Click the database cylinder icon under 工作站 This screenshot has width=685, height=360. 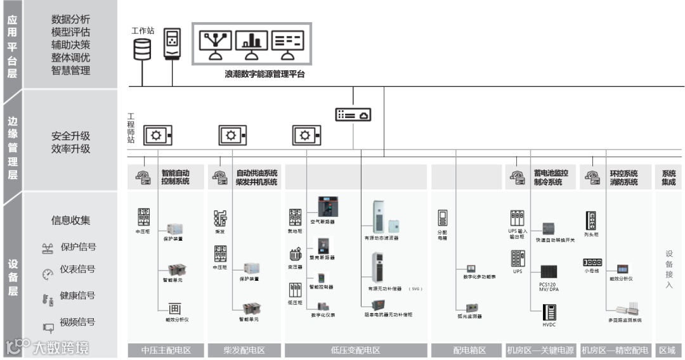click(142, 49)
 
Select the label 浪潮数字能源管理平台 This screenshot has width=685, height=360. click(264, 74)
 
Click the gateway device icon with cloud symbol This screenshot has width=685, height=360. click(353, 115)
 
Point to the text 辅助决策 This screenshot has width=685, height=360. click(70, 45)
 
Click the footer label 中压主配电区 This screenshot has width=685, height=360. click(166, 350)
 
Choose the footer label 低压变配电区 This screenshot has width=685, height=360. click(355, 350)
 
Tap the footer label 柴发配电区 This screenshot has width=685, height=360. click(244, 350)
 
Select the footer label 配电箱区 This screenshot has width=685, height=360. click(469, 350)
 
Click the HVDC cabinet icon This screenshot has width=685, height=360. click(549, 313)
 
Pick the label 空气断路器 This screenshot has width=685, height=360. click(322, 222)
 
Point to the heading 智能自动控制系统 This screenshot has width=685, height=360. click(175, 177)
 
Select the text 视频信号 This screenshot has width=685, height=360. click(77, 322)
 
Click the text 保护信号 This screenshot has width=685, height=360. click(78, 247)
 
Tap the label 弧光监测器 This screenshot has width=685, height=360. click(470, 316)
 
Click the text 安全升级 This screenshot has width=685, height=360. click(70, 136)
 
